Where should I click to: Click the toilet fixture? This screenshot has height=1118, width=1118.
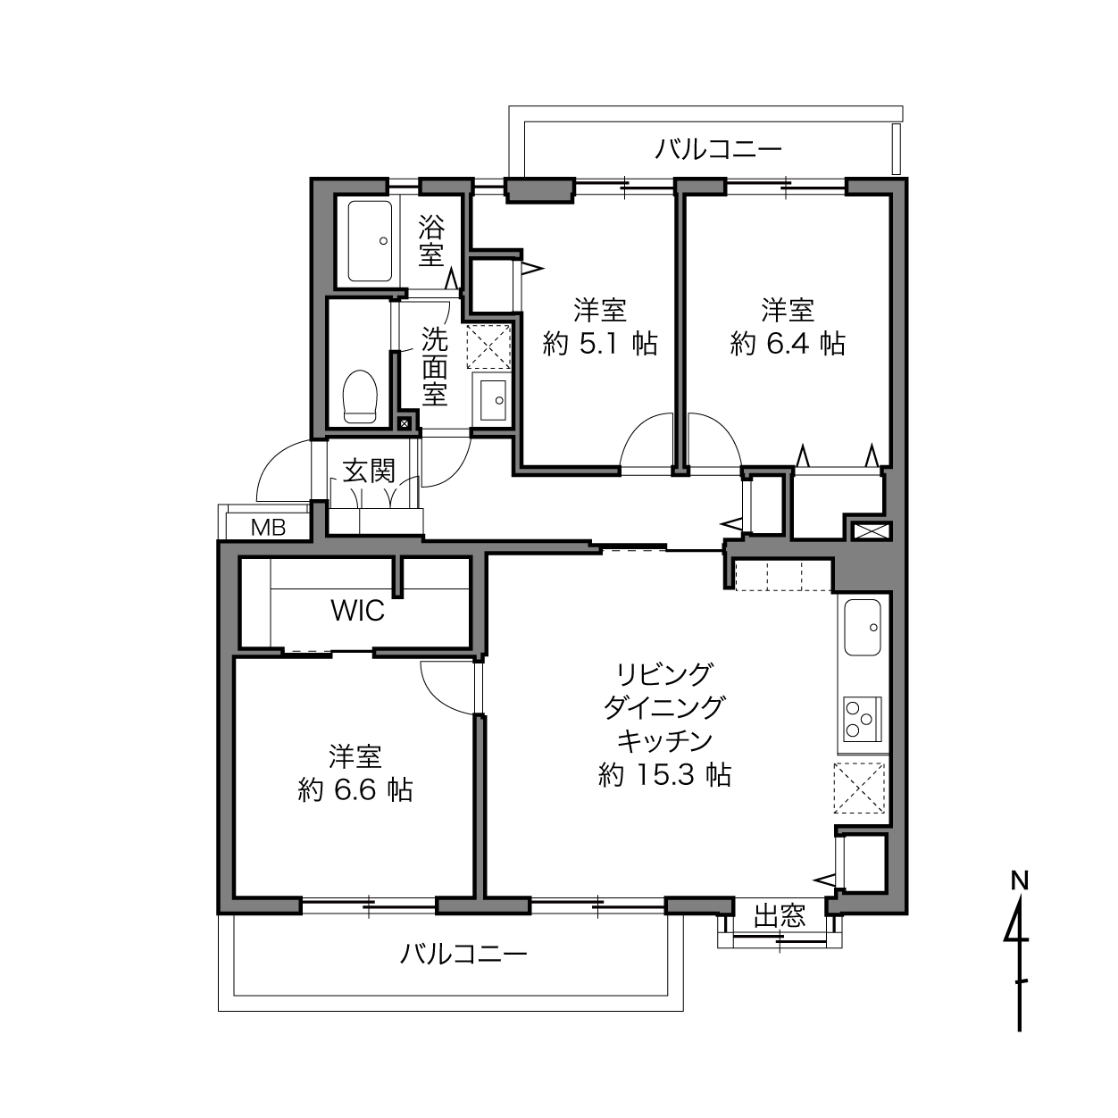point(360,396)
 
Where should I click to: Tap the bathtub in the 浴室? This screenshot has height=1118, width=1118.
point(370,241)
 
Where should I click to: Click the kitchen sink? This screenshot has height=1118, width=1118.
point(862,628)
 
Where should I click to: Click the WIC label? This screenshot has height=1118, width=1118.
point(357,611)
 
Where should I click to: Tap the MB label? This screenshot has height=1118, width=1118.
point(268,528)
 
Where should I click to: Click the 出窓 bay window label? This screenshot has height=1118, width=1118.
point(780,916)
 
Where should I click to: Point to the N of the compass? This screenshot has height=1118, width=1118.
point(1020,881)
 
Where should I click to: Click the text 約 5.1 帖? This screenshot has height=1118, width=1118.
point(600,344)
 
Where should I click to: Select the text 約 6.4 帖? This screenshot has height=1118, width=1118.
point(788,344)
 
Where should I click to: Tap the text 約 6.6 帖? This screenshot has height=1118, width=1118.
point(355,790)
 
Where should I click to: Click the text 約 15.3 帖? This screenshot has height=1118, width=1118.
point(664,774)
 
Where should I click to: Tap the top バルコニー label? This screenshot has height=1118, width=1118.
point(718,150)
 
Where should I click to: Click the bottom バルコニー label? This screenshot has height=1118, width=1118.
point(463,955)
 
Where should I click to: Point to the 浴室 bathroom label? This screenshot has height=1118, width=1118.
point(431,241)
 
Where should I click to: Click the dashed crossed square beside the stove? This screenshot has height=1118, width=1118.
point(859,788)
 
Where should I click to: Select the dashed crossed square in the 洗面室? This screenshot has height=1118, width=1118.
point(488,346)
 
